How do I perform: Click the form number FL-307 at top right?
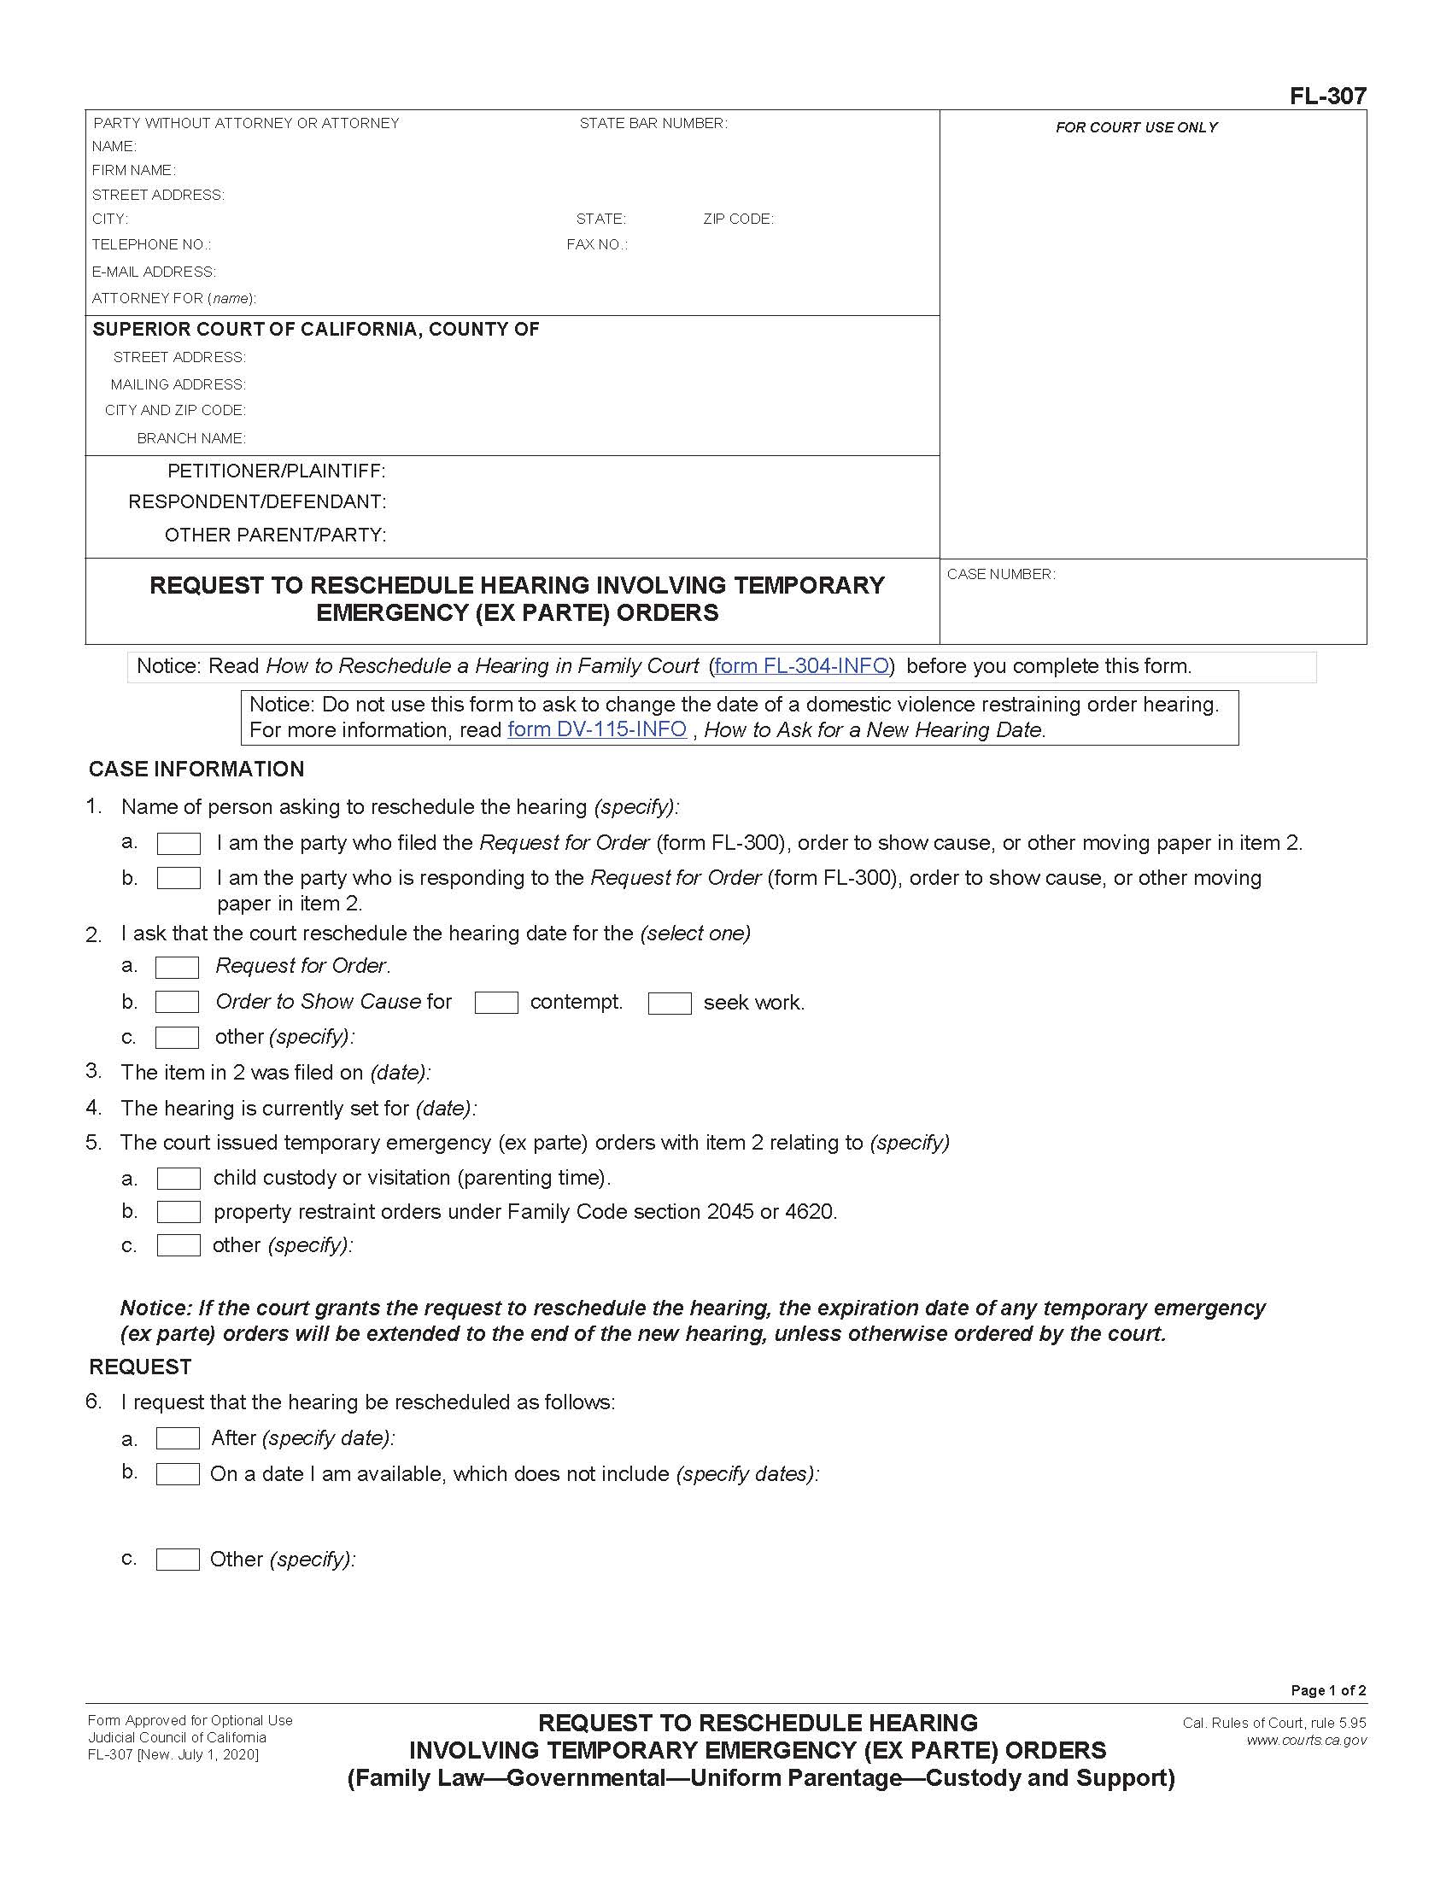[1327, 97]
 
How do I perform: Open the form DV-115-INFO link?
[597, 729]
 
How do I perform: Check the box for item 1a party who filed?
[178, 844]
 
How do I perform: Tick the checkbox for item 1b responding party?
[178, 878]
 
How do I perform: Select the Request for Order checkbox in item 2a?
[177, 967]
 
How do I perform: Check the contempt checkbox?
[496, 1004]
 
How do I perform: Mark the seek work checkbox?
[670, 1004]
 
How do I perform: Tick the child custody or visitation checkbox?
[178, 1179]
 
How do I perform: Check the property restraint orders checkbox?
[178, 1212]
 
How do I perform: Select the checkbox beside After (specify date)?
[177, 1438]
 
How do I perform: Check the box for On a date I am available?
[177, 1474]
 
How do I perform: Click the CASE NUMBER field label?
[1000, 574]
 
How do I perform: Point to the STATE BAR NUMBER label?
[653, 123]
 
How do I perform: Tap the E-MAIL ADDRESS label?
[154, 272]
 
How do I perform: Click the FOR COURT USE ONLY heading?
[1136, 127]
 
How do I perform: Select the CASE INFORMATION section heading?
[196, 770]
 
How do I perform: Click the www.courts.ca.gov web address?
[1306, 1741]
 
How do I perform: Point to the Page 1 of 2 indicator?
[1327, 1689]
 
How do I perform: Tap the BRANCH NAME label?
[191, 439]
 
